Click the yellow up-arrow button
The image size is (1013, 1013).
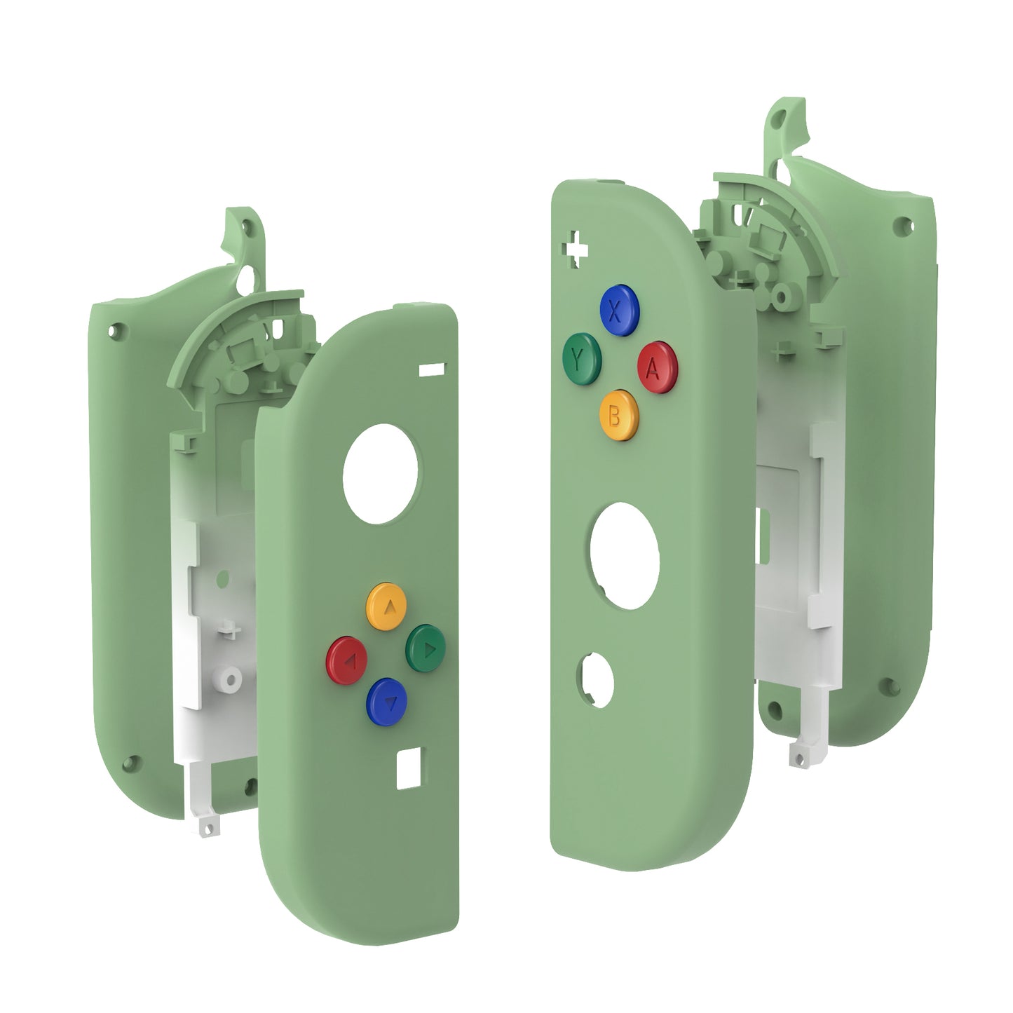(386, 602)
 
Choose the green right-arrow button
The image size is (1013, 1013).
(426, 647)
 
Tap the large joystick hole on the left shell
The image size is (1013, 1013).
(381, 473)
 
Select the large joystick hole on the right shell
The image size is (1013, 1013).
(625, 555)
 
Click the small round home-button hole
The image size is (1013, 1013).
(594, 679)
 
